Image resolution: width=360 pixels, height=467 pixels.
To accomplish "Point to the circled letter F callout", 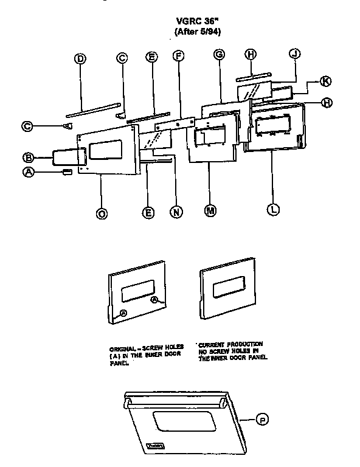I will click(178, 57).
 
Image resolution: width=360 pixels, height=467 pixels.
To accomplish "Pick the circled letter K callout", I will click(325, 81).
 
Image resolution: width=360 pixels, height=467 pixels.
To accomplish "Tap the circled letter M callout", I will click(209, 210).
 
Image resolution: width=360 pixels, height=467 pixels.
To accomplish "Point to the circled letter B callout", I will click(27, 155).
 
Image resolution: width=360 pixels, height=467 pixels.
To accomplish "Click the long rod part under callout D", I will click(91, 109).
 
